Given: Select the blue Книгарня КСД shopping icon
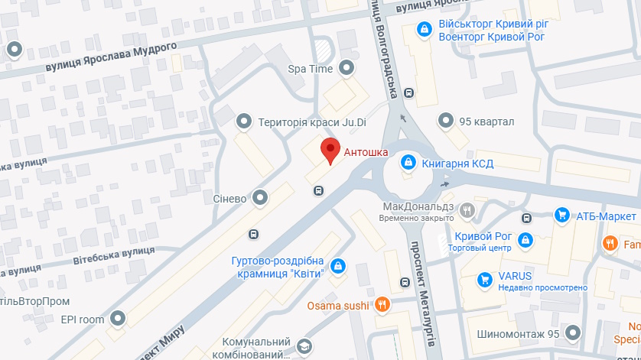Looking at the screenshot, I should coord(408,161).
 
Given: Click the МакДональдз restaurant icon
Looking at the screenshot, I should coord(467,209).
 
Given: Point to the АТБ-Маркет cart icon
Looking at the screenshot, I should coord(562,216).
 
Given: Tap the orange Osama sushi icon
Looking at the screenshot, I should coord(383,305).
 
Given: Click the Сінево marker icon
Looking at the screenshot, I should coord(261,198).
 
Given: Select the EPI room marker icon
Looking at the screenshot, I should coord(118,317).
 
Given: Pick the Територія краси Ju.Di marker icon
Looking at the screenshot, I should coord(245,121).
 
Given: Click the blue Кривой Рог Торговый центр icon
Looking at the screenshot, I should coord(525,241).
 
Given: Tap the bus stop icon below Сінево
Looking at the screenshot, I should coord(252,234).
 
